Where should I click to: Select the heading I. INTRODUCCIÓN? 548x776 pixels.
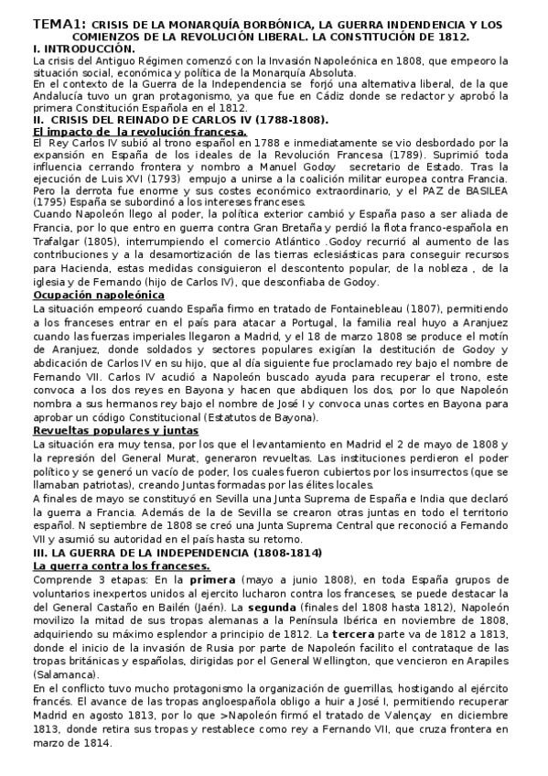(x=81, y=47)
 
